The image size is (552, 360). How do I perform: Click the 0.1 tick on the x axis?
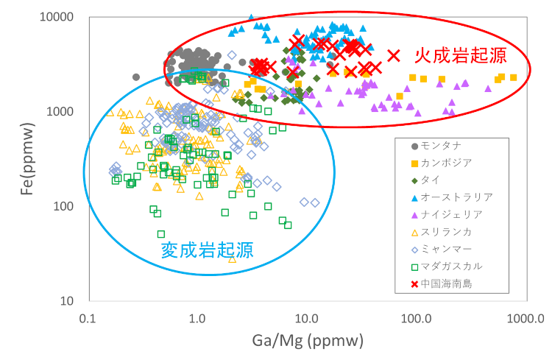point(88,320)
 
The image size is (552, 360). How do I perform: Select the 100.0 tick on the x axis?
point(417,320)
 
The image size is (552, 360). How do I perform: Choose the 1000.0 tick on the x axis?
point(523,320)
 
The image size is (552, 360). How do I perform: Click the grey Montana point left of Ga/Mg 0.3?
point(136,77)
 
